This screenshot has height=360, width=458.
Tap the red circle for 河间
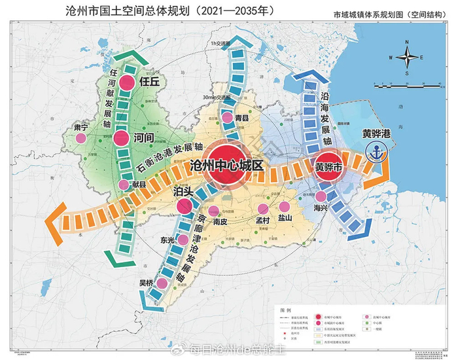click(121, 139)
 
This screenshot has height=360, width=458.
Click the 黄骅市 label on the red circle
click(329, 166)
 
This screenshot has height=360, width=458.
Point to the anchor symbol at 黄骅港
click(376, 152)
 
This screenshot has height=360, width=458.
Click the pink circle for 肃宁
click(80, 139)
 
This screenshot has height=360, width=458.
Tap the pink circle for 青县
click(228, 118)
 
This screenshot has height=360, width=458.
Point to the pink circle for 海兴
click(321, 196)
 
